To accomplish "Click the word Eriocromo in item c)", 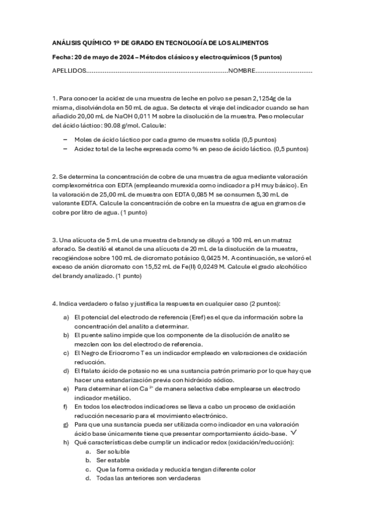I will click(116, 353).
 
